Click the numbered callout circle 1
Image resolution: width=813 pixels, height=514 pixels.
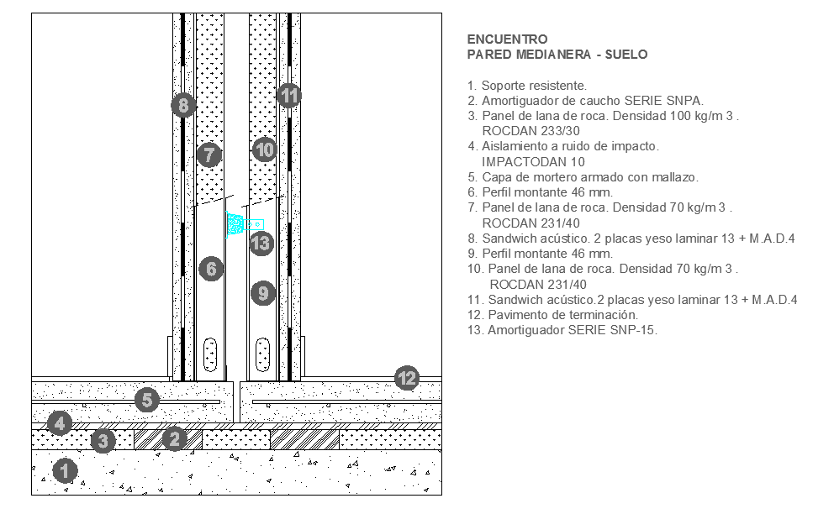[x=65, y=471]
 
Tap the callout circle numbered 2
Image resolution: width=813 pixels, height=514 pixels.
[x=174, y=438]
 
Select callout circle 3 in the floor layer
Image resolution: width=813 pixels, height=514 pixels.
[x=103, y=440]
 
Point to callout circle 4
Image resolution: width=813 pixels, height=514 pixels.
[x=59, y=422]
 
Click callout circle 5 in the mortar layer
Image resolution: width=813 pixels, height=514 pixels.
[x=147, y=400]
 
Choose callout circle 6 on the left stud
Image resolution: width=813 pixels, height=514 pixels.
[x=211, y=269]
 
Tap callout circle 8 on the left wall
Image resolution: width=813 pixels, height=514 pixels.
[x=182, y=106]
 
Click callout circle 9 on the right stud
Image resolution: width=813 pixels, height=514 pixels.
[x=263, y=293]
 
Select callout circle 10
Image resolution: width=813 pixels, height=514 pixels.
[x=264, y=150]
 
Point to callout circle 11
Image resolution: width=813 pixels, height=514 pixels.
[x=289, y=96]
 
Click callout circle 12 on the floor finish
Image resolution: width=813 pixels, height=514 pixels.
[x=407, y=379]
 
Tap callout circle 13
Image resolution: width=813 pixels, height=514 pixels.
[x=261, y=244]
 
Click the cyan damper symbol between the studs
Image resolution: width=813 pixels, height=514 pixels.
[x=236, y=224]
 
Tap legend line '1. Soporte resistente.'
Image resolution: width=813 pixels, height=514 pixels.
[x=527, y=85]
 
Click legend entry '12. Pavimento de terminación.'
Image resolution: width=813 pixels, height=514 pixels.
[x=553, y=314]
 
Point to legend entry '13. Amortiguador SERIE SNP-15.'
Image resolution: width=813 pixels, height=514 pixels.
[x=562, y=329]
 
